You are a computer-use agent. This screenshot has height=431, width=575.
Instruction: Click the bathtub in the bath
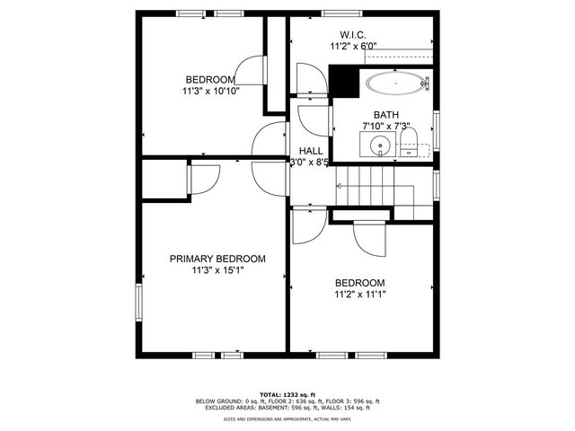pos(395,84)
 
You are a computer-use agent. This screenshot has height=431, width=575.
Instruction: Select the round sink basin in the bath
pos(380,145)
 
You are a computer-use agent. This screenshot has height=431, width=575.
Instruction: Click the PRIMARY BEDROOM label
pos(217,259)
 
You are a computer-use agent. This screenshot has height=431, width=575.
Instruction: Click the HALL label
pos(311,151)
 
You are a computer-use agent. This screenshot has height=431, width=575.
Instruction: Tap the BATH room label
pos(386,115)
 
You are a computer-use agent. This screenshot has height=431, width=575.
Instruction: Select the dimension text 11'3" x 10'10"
pos(211,90)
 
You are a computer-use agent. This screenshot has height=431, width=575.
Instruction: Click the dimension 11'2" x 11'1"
pos(359,294)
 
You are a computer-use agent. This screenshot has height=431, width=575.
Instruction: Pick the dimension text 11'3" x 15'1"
pos(217,270)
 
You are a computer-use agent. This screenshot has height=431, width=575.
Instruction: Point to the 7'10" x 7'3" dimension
pos(386,127)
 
